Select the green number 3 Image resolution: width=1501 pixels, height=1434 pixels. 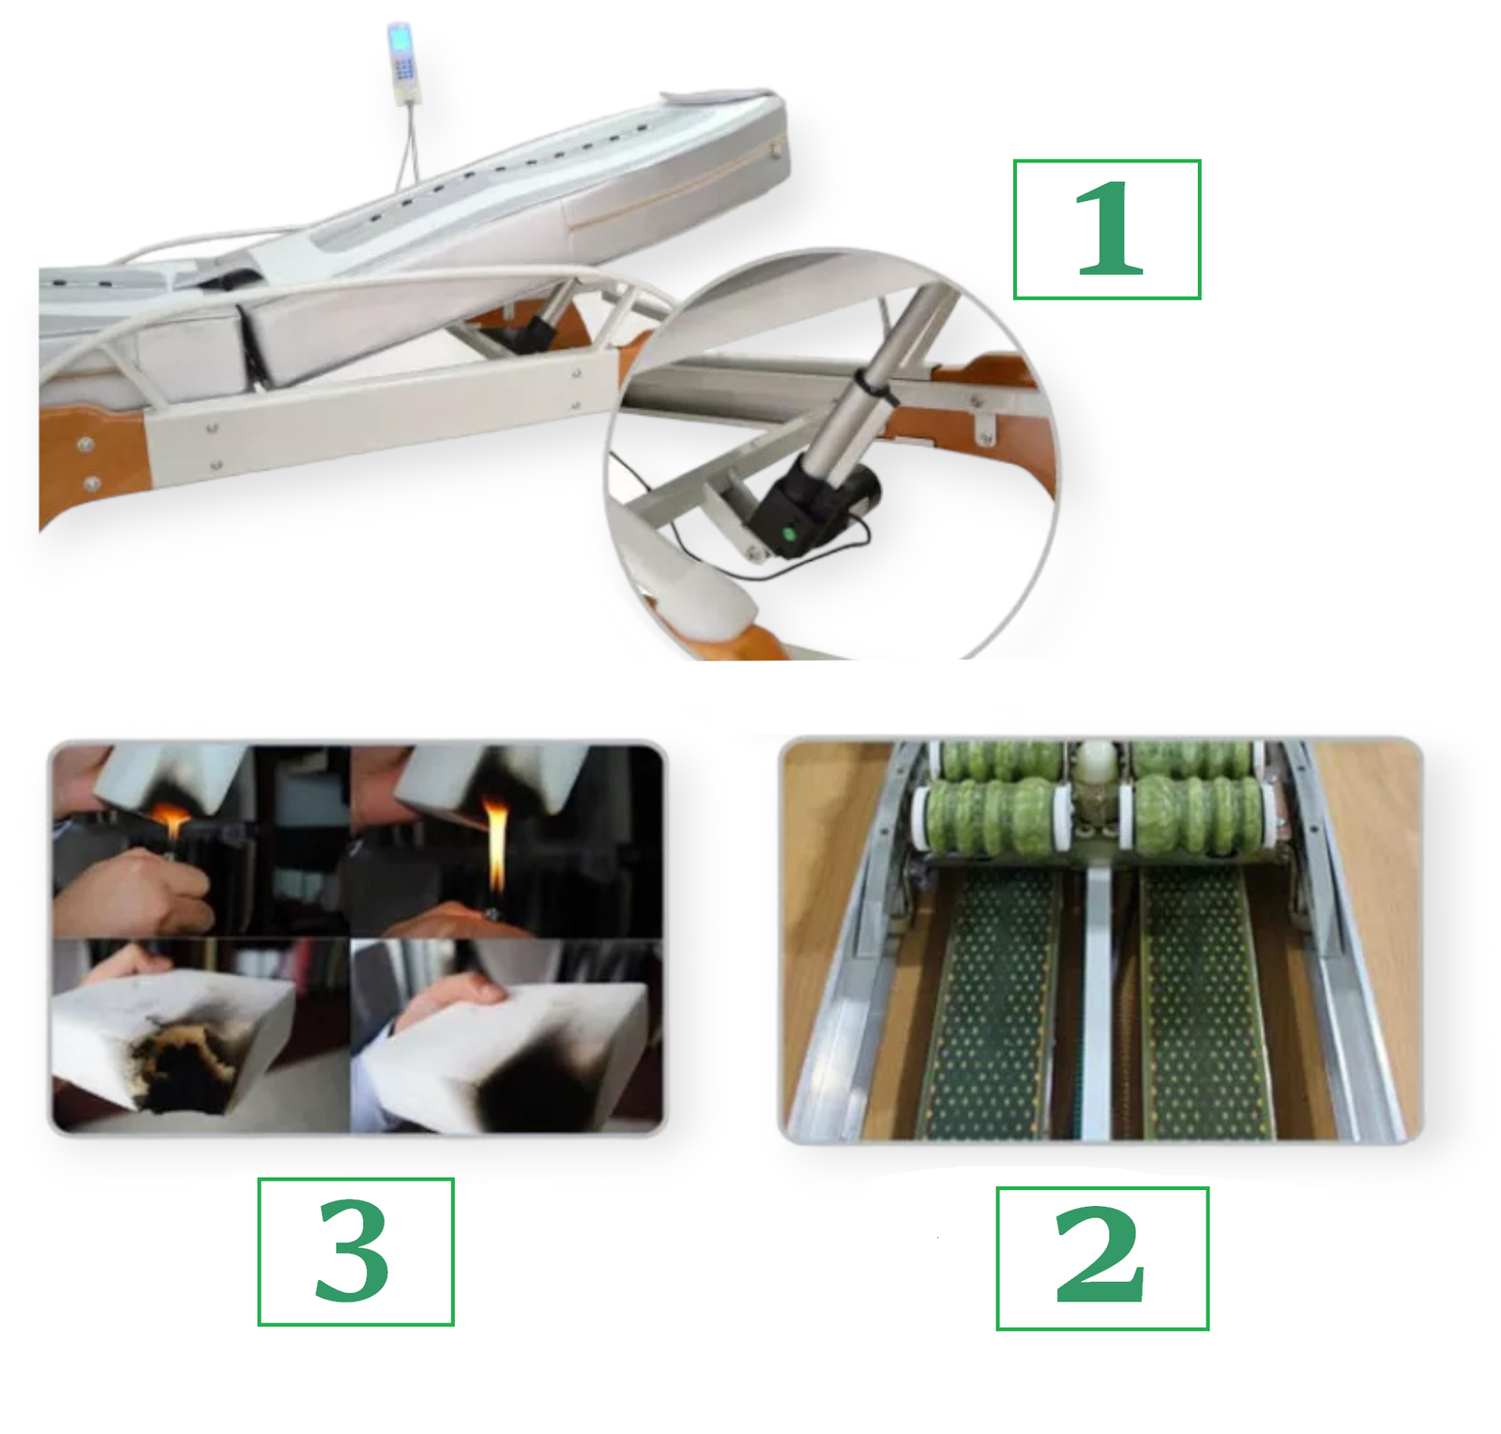353,1251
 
